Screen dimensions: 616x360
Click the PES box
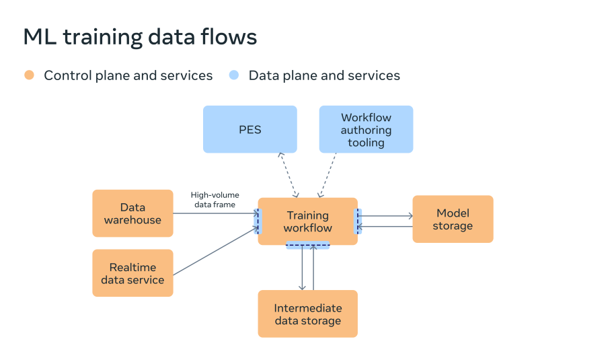pos(250,129)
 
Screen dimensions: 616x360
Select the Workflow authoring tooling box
pos(366,129)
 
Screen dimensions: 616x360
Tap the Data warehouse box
pos(132,213)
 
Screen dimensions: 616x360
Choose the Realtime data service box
pos(132,273)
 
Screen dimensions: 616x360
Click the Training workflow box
pos(307,221)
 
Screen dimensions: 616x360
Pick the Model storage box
pos(453,219)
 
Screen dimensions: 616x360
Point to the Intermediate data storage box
pos(307,314)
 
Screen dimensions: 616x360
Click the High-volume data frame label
pos(215,200)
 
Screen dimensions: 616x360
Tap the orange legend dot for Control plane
pos(29,75)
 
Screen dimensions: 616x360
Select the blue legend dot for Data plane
pos(234,75)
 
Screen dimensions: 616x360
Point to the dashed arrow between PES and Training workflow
pos(288,175)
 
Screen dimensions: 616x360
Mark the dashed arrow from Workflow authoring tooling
pos(328,175)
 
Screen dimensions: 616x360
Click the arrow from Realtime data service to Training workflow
pos(216,251)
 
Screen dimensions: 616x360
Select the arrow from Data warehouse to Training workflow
pos(216,213)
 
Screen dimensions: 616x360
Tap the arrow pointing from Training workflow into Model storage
pos(385,216)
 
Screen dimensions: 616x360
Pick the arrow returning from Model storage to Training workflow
pos(385,227)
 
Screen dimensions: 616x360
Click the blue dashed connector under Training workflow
pos(307,245)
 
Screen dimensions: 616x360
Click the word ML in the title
pos(40,37)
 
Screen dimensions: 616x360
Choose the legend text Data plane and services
pos(324,75)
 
